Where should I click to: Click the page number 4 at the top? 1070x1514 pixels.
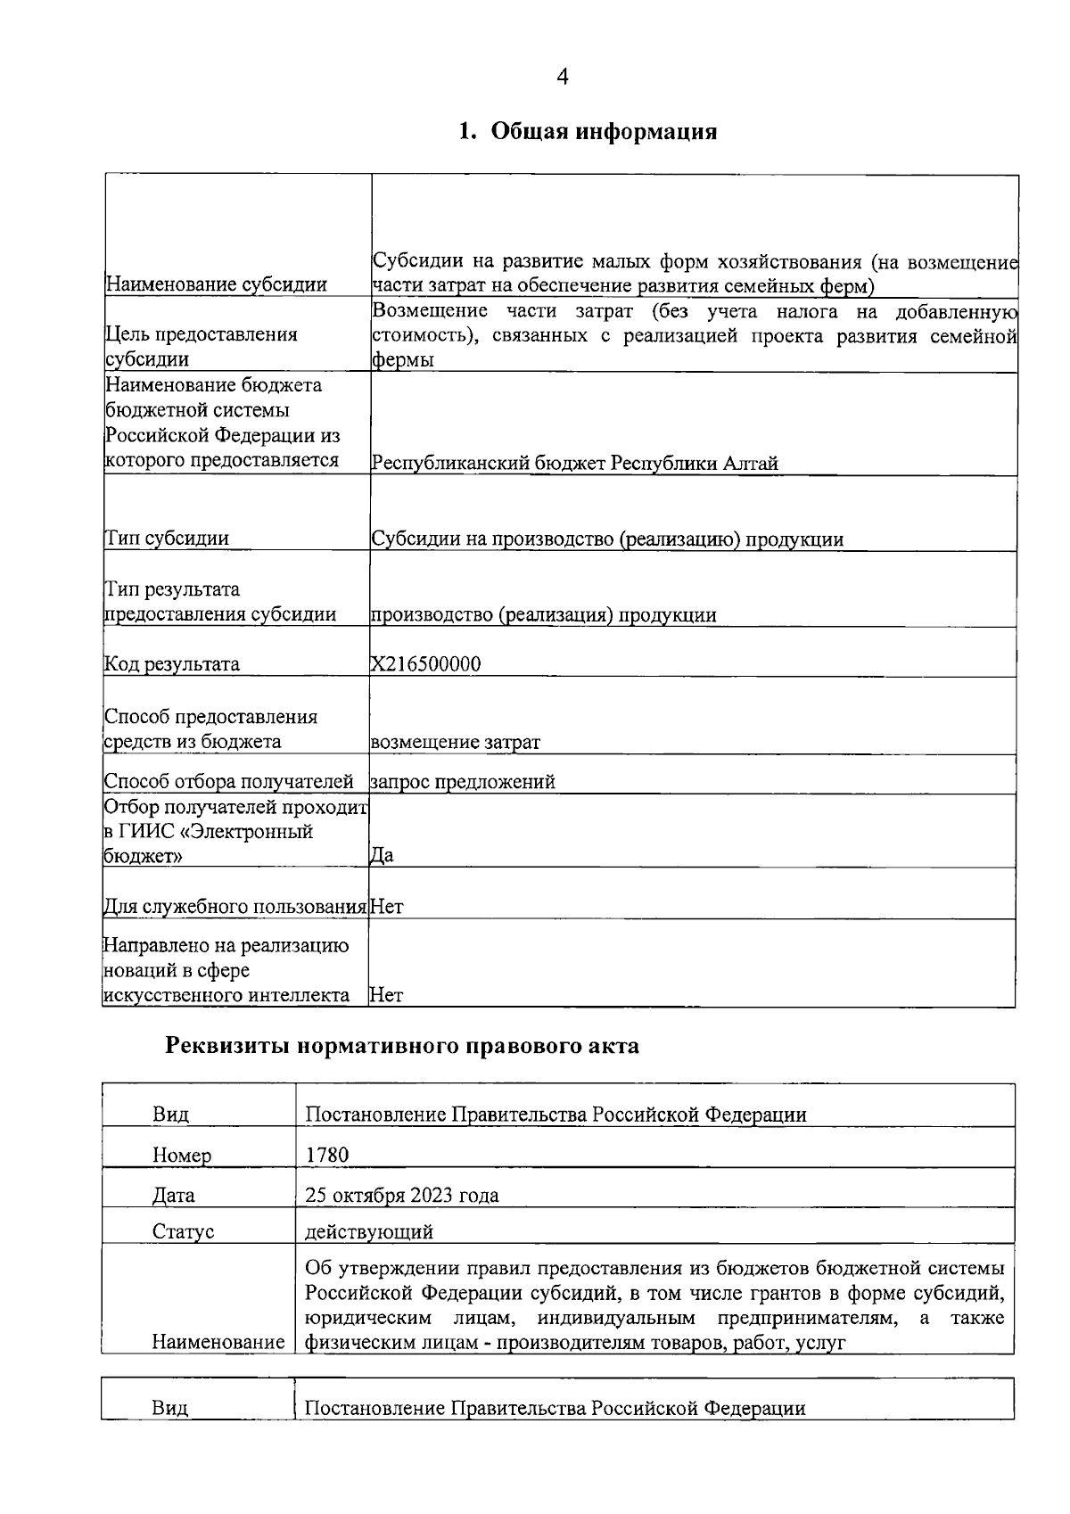coord(562,78)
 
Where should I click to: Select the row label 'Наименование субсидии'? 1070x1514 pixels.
coord(216,285)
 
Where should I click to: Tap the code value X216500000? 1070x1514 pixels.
coord(425,664)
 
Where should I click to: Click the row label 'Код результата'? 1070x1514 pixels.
coord(172,664)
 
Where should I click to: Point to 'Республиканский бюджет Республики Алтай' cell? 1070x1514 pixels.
coord(575,464)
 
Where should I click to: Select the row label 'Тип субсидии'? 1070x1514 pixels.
coord(167,539)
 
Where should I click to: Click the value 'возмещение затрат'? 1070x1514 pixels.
coord(455,742)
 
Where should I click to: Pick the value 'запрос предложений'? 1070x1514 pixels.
coord(463,782)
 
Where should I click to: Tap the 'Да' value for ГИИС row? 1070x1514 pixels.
coord(382,855)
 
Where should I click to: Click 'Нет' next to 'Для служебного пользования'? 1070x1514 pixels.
coord(386,907)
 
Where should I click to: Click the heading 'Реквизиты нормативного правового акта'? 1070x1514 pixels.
coord(402,1046)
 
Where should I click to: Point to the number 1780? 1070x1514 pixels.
coord(326,1156)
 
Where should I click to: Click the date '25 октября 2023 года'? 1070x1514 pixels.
coord(401,1196)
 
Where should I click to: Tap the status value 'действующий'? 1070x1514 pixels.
coord(368,1232)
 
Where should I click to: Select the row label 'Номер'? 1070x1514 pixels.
coord(182,1156)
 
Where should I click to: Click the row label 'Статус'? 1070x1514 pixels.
coord(183,1232)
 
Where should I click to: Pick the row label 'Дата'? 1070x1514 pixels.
coord(174,1196)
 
